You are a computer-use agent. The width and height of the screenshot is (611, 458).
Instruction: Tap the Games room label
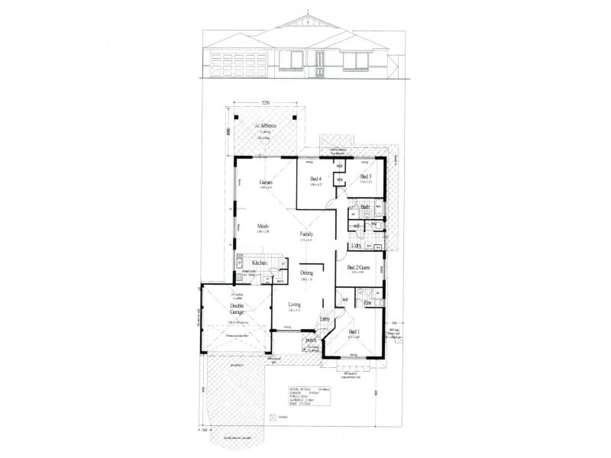266,183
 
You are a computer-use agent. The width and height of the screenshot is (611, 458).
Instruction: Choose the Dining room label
306,273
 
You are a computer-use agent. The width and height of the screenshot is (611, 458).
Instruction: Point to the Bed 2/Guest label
358,268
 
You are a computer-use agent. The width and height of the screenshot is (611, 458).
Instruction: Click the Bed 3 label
366,176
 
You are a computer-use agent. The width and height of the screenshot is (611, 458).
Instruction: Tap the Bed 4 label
314,179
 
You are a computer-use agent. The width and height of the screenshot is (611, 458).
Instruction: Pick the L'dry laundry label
355,246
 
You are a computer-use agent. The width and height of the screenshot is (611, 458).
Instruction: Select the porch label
310,340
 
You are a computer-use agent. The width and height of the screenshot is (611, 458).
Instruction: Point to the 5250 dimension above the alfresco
265,102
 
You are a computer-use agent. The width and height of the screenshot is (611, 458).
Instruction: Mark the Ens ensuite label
367,304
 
